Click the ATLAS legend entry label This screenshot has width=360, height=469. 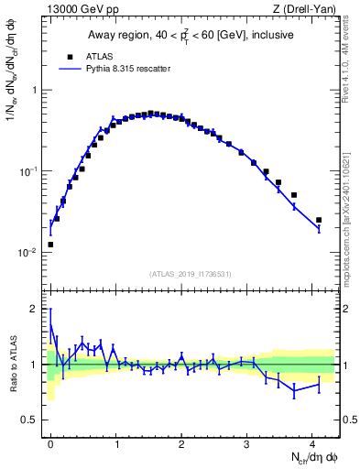point(100,55)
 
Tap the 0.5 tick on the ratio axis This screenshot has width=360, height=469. point(32,420)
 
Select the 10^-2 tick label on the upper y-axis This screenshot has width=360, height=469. point(29,253)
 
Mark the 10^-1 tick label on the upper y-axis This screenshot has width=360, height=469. point(29,171)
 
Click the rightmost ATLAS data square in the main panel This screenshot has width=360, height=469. point(319,220)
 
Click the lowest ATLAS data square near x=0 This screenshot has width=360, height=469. point(50,245)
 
